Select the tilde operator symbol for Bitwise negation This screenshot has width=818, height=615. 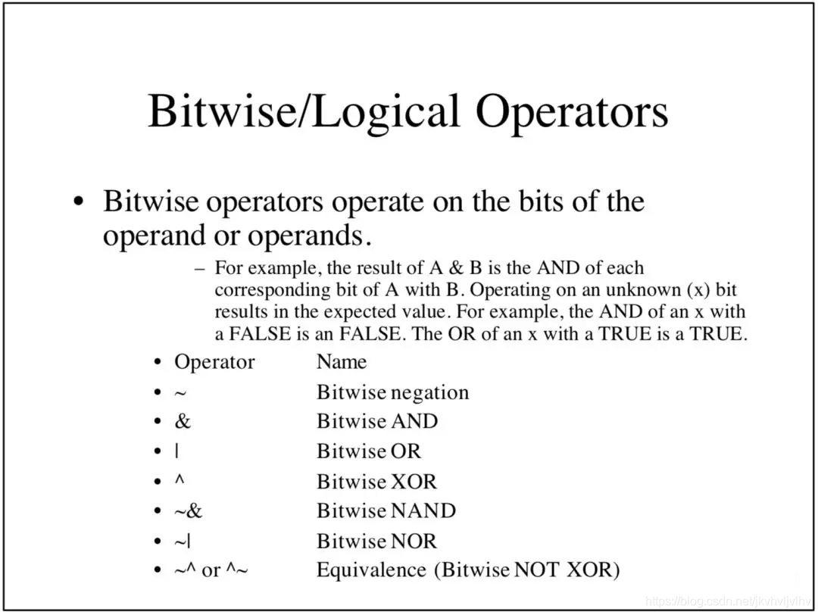coord(180,393)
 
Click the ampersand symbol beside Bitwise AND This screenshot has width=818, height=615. coord(183,421)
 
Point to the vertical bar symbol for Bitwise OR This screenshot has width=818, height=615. coord(176,451)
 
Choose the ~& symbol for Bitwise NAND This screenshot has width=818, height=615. coord(188,510)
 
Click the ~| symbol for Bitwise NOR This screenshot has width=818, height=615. coord(182,541)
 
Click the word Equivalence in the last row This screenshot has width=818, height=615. coord(371,570)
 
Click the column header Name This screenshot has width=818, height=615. coord(342,362)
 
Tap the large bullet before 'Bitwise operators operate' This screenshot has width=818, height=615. coord(79,202)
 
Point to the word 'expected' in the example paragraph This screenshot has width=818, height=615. coord(360,313)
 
